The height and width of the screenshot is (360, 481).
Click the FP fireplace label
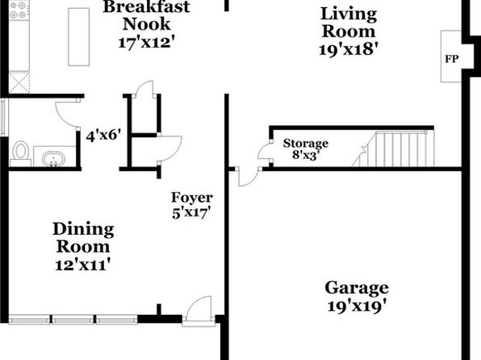click(452, 59)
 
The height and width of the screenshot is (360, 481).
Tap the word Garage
click(357, 289)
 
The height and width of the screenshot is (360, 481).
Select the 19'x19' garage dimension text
click(357, 306)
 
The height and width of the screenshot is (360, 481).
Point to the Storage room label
click(306, 144)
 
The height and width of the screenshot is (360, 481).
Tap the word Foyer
click(192, 198)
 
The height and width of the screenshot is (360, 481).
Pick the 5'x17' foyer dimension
click(192, 212)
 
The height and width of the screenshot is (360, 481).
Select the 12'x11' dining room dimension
click(82, 265)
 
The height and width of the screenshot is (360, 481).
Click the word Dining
click(83, 230)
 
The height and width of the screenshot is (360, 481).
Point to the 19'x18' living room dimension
click(348, 49)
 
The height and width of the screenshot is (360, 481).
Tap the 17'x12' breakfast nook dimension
click(146, 42)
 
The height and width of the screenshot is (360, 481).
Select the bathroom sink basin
click(53, 160)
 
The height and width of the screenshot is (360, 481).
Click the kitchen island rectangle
click(79, 37)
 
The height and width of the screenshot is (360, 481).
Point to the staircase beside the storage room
click(394, 149)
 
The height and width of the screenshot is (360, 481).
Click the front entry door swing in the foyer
click(199, 309)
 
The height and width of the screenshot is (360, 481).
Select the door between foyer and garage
click(249, 177)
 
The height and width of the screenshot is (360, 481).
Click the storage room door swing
click(265, 150)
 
